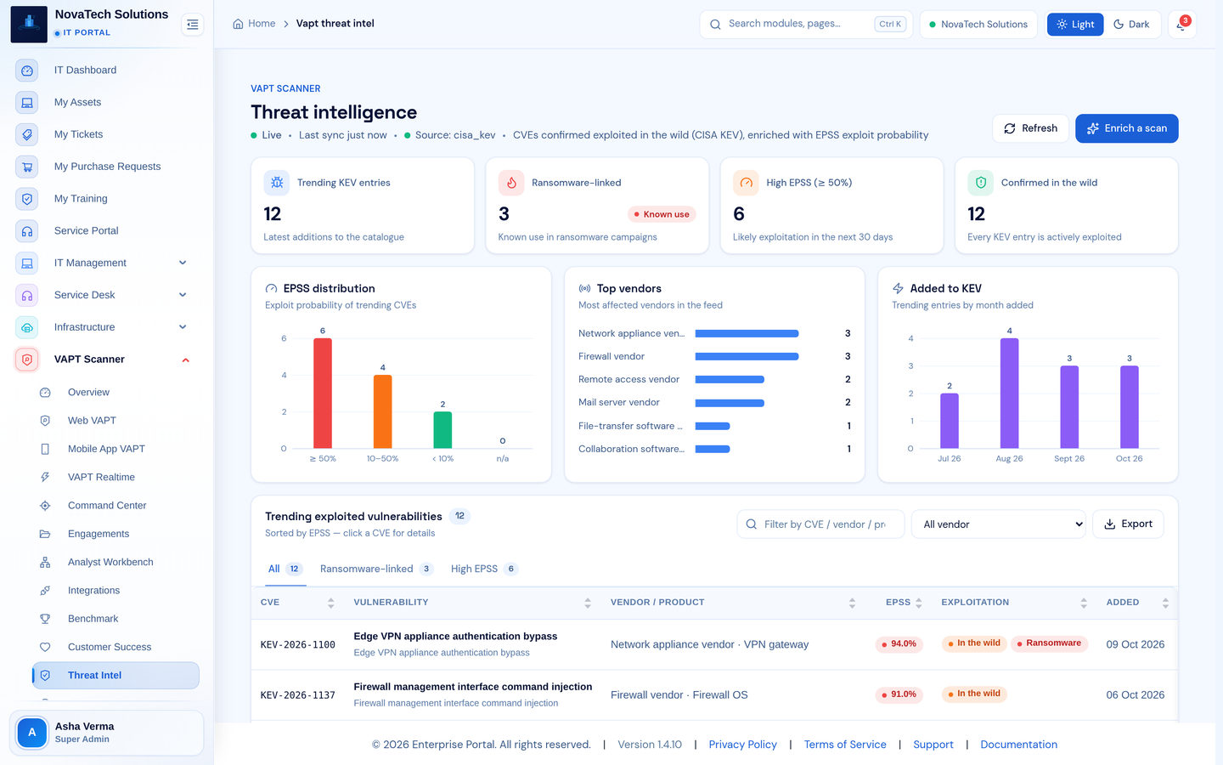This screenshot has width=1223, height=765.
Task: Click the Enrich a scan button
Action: pos(1126,128)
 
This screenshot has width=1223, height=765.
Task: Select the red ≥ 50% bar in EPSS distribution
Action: pos(323,394)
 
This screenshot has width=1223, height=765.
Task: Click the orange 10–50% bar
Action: pos(383,411)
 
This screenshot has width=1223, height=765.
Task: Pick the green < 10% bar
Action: pos(442,430)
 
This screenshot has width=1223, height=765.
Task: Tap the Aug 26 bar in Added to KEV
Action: pos(1010,394)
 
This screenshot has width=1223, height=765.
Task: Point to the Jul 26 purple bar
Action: pos(950,421)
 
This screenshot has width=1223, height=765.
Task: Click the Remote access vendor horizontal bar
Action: pos(730,379)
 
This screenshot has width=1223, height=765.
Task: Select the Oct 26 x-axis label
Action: pos(1129,458)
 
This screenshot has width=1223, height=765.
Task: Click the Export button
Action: pos(1128,524)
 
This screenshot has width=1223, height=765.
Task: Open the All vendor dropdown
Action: pos(999,524)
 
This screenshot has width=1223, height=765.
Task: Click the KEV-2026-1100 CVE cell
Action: pos(297,645)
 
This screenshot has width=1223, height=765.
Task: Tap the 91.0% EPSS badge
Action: pos(899,694)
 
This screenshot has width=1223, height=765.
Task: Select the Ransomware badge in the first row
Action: pos(1049,643)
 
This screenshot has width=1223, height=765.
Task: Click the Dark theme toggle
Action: pos(1131,24)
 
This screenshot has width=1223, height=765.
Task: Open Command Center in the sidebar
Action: pos(107,506)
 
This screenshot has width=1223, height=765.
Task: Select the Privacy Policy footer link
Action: pos(742,745)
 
